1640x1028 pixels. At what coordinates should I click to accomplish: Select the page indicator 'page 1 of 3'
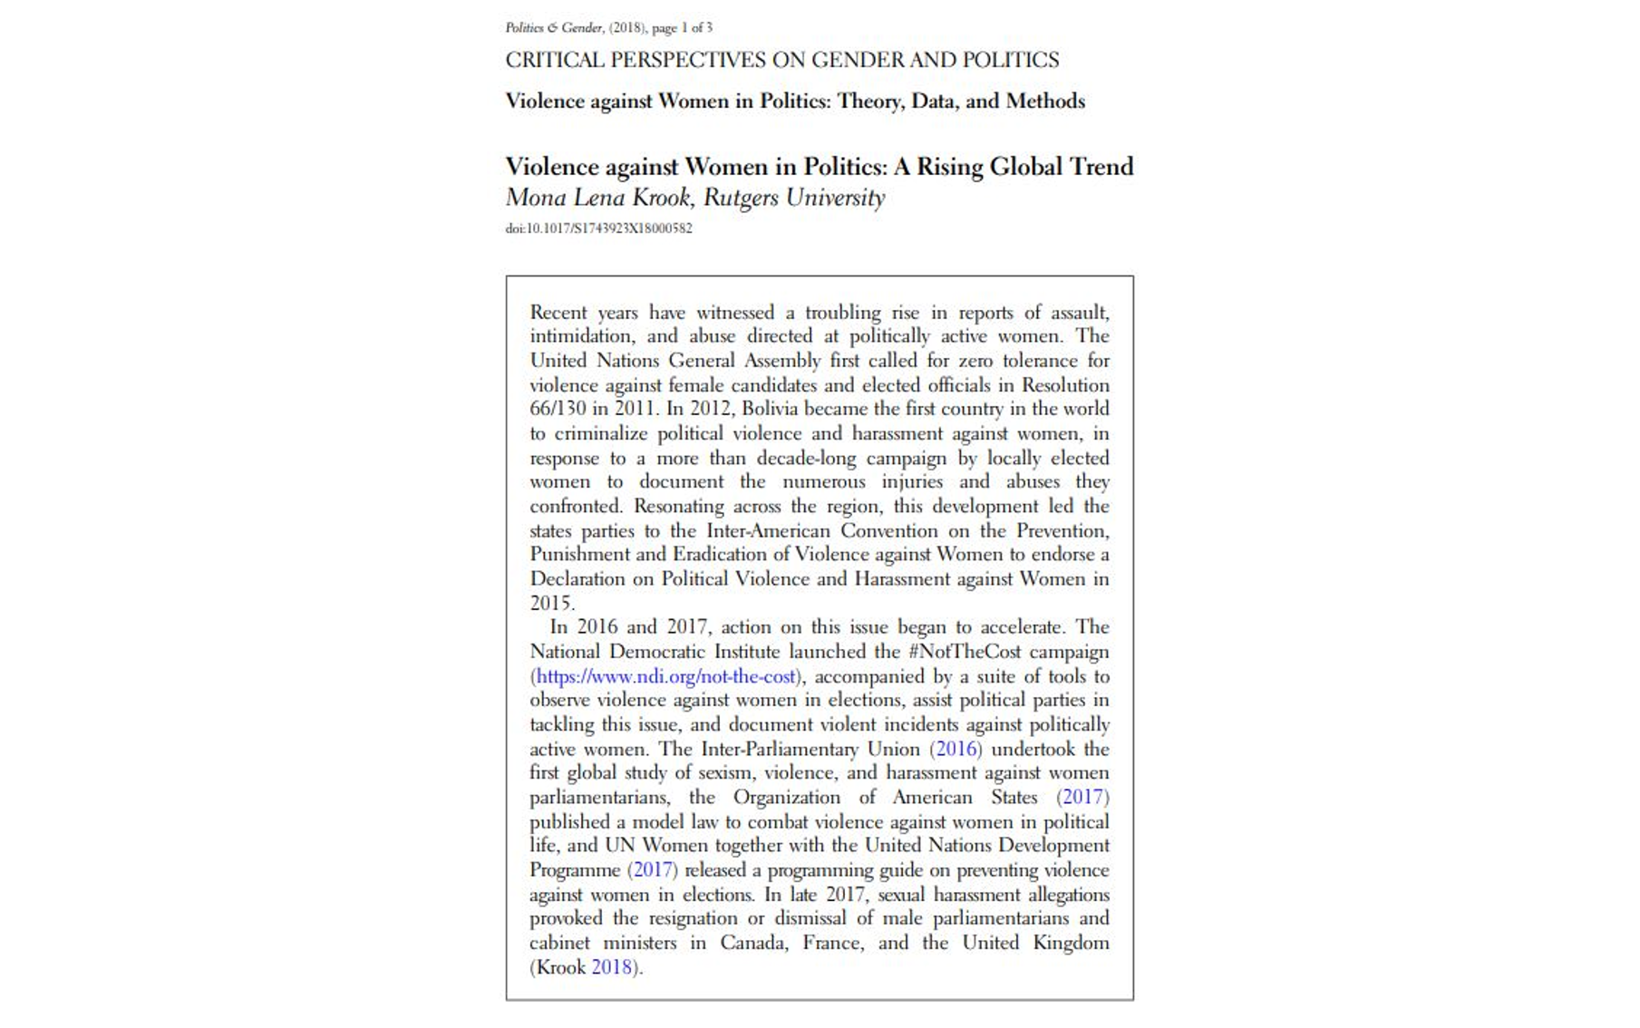pyautogui.click(x=682, y=28)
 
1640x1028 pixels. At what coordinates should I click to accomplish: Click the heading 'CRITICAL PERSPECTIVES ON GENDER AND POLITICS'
pyautogui.click(x=781, y=60)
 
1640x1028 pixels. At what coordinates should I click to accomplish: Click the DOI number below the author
pyautogui.click(x=598, y=228)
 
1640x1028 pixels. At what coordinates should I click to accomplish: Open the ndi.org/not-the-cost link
pyautogui.click(x=666, y=676)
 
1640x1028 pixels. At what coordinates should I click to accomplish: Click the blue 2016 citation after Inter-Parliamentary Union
pyautogui.click(x=956, y=749)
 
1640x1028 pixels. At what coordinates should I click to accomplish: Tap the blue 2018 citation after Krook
pyautogui.click(x=611, y=967)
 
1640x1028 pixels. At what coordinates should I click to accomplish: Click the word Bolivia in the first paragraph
pyautogui.click(x=769, y=409)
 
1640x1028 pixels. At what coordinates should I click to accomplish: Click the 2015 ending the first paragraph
pyautogui.click(x=550, y=603)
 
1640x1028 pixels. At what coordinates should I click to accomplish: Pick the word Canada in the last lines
pyautogui.click(x=753, y=943)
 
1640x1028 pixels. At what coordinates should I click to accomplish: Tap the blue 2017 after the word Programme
pyautogui.click(x=652, y=870)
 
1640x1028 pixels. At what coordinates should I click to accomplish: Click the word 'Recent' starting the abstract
pyautogui.click(x=558, y=313)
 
